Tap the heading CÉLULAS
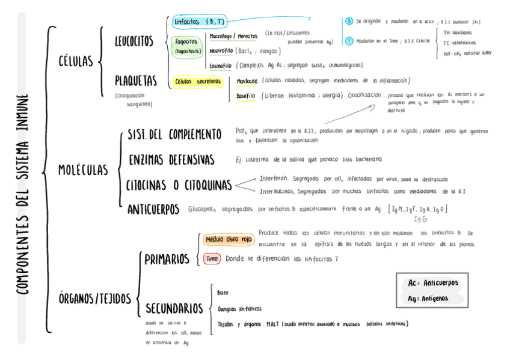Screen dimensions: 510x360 point(75,61)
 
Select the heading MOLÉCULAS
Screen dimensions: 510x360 point(83,170)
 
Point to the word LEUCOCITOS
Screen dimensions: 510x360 point(134,41)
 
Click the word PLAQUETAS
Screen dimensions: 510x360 point(135,80)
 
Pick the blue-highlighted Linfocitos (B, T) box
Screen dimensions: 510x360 point(199,22)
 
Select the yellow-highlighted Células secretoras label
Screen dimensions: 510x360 point(198,81)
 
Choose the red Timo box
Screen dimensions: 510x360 point(212,258)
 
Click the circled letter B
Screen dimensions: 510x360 point(349,22)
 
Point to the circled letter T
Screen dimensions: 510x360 point(349,41)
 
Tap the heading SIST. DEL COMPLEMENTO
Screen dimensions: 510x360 point(174,133)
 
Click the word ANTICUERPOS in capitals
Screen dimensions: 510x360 point(153,209)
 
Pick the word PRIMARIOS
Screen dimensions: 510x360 point(167,259)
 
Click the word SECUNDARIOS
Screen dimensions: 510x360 point(174,308)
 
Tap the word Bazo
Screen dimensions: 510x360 point(223,292)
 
